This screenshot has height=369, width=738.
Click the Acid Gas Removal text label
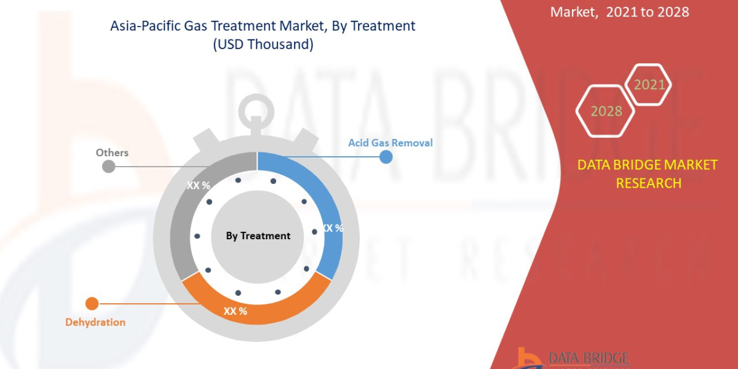[x=391, y=143]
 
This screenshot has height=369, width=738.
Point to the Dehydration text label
[x=95, y=322]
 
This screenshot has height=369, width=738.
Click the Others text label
[x=112, y=153]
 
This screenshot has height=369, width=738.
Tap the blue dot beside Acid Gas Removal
[x=386, y=157]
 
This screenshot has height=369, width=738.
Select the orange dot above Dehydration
[x=92, y=303]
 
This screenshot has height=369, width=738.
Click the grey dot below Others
[x=108, y=166]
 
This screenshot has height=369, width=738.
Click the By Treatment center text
[x=258, y=236]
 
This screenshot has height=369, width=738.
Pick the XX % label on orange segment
[x=235, y=311]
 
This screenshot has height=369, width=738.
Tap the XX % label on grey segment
[x=198, y=184]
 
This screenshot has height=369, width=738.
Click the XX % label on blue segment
[x=332, y=228]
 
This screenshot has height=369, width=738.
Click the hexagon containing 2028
[x=606, y=111]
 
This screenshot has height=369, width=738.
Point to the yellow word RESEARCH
[x=648, y=183]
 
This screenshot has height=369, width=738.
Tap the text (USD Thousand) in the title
[x=263, y=45]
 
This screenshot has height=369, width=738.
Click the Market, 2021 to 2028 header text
[x=619, y=12]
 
